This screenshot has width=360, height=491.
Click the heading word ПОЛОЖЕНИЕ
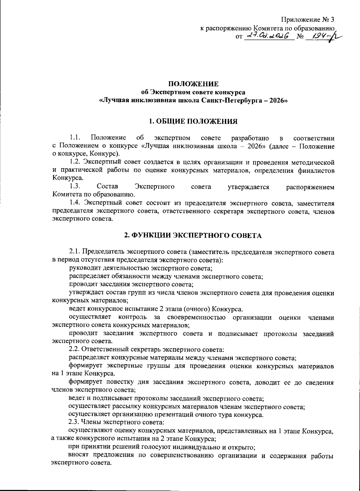click(x=193, y=84)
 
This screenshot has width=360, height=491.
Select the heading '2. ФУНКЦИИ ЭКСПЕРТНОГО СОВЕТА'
click(x=193, y=236)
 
